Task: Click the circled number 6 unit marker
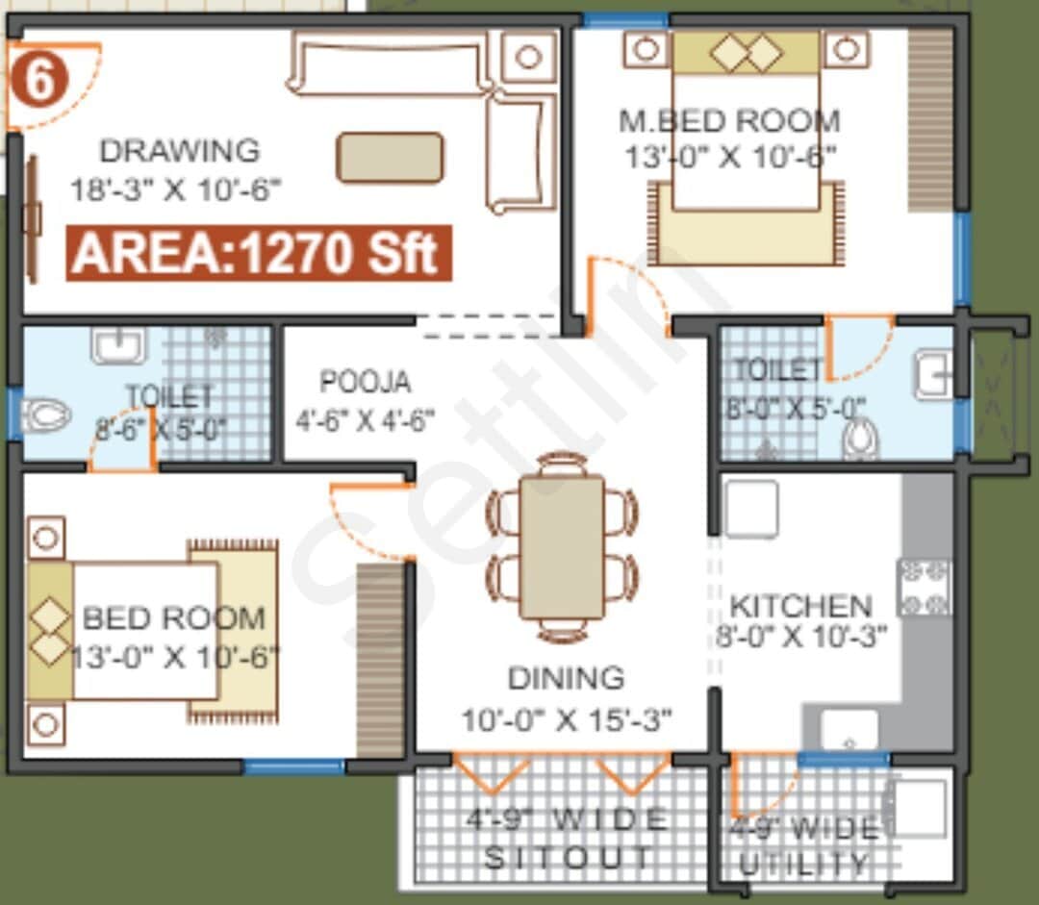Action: tap(38, 82)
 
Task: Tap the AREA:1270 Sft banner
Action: tap(258, 253)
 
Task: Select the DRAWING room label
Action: tap(180, 151)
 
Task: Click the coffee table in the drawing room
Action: tap(390, 157)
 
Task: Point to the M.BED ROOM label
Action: tap(729, 121)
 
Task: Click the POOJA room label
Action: tap(365, 382)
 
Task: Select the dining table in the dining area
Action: tap(562, 546)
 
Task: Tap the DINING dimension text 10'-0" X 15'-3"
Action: tap(566, 718)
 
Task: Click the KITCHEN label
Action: tap(800, 606)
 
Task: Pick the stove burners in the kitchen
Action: tap(924, 587)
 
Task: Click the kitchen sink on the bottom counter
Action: tap(849, 731)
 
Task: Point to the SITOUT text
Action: tap(568, 857)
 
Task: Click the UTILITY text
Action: tap(803, 863)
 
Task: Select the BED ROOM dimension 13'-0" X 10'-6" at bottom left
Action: tap(175, 658)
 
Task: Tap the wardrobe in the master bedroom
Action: tap(930, 120)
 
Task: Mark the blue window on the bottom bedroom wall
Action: tap(293, 767)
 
